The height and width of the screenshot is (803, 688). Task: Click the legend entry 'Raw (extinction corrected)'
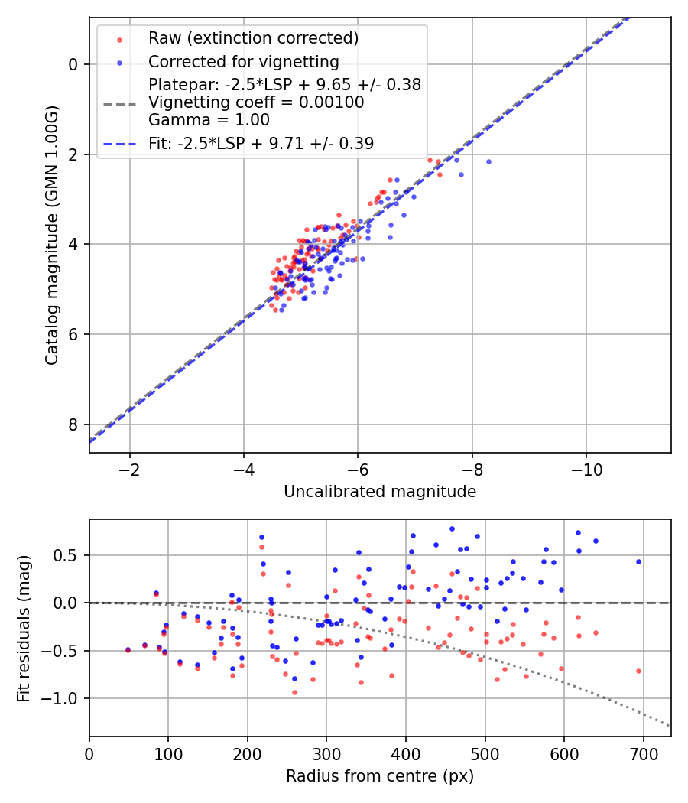(x=253, y=38)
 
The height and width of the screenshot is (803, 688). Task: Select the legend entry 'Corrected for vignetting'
(x=244, y=62)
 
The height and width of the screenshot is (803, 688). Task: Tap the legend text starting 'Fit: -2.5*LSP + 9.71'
(x=261, y=144)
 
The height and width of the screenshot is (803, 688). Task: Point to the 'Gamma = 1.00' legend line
(x=209, y=120)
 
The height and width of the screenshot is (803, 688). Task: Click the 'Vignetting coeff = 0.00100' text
(x=256, y=102)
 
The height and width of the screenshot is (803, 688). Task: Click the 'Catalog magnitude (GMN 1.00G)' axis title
(x=52, y=235)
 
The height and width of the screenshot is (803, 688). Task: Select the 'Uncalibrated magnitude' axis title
(x=380, y=492)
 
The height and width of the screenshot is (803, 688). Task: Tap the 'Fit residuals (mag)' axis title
(x=24, y=629)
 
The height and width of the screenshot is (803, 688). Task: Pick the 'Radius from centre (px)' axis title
(x=380, y=776)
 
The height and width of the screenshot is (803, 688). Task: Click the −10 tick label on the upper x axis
(x=586, y=470)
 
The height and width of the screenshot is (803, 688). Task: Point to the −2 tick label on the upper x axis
(x=129, y=470)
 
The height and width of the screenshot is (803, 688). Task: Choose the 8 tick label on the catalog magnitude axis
(x=72, y=424)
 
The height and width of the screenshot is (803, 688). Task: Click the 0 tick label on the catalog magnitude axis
(x=72, y=64)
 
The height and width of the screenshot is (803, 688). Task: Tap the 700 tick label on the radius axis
(x=643, y=754)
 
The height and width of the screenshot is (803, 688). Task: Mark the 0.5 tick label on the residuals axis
(x=66, y=556)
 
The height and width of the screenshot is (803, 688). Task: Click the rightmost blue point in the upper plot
(x=488, y=162)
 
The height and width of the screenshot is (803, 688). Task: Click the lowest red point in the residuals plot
(x=294, y=692)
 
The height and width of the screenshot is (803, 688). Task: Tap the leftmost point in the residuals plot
(x=128, y=650)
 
